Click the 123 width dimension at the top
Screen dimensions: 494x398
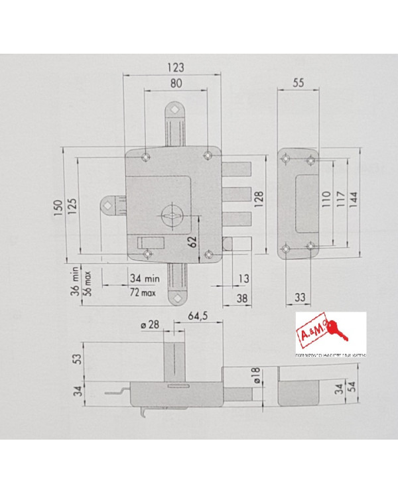pos(174,67)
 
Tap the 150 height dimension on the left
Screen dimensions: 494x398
pos(58,207)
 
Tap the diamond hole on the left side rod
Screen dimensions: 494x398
pos(107,207)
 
